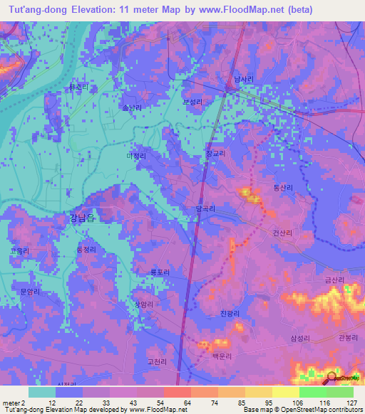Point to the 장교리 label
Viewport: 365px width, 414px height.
pyautogui.click(x=215, y=153)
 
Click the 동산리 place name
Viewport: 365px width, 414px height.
pyautogui.click(x=284, y=187)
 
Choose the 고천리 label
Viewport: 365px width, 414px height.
pyautogui.click(x=156, y=362)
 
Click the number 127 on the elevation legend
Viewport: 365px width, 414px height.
pyautogui.click(x=351, y=403)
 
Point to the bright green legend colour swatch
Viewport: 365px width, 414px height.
pyautogui.click(x=313, y=392)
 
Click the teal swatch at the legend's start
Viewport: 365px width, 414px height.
pyautogui.click(x=42, y=392)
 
